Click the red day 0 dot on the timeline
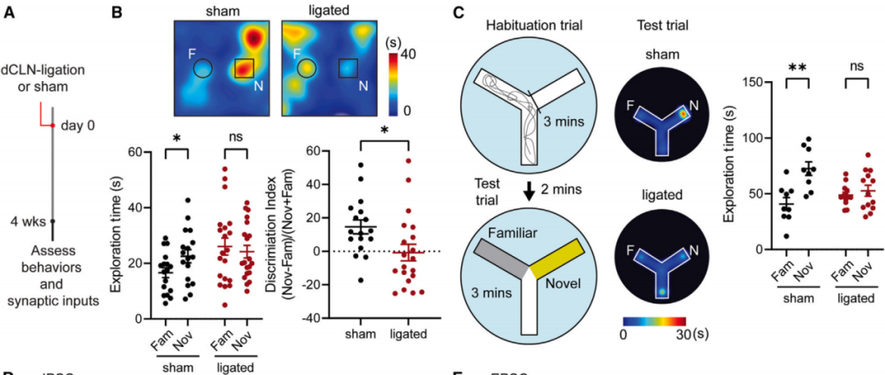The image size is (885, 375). coord(53,126)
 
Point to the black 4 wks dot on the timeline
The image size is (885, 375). coord(53,221)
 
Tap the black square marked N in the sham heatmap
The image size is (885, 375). coord(245,69)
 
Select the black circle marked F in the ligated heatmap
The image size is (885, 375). coord(307,69)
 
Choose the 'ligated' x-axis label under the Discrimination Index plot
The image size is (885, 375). coord(406,335)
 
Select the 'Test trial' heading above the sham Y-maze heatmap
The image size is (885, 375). coord(661,25)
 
